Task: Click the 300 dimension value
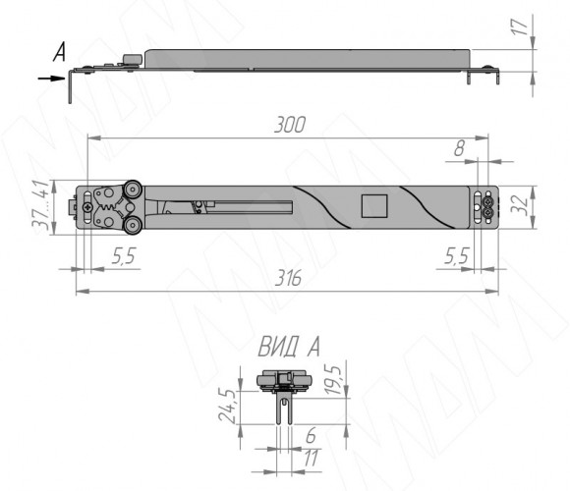[290, 125]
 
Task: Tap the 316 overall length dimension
[288, 279]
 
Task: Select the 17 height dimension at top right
[520, 27]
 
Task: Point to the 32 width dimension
[520, 206]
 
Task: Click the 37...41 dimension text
[40, 205]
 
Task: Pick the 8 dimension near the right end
[460, 148]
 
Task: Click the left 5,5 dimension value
[123, 256]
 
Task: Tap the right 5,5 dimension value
[457, 256]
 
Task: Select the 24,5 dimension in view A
[227, 406]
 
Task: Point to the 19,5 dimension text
[333, 380]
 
